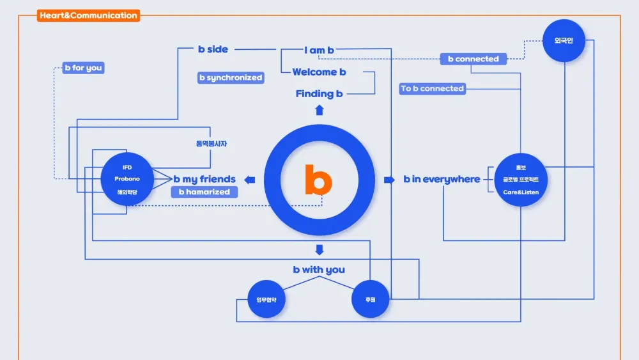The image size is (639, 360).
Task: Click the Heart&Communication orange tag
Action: pyautogui.click(x=88, y=15)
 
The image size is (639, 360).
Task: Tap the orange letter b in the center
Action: pyautogui.click(x=318, y=180)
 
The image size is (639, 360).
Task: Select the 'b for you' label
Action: pyautogui.click(x=83, y=68)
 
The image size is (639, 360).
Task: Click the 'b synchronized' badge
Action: pyautogui.click(x=231, y=77)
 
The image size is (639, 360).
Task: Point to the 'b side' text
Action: pyautogui.click(x=213, y=49)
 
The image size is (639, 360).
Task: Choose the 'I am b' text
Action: pyautogui.click(x=319, y=50)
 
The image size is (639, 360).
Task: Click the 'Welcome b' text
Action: pyautogui.click(x=319, y=72)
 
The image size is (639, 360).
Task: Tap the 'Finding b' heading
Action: pyautogui.click(x=319, y=94)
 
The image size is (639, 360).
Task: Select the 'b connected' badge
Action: pyautogui.click(x=473, y=59)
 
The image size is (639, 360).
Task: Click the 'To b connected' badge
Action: pyautogui.click(x=433, y=89)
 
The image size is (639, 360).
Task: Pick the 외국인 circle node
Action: pyautogui.click(x=564, y=41)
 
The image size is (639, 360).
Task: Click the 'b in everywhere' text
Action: pyautogui.click(x=442, y=180)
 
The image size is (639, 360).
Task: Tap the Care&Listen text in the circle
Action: pyautogui.click(x=520, y=192)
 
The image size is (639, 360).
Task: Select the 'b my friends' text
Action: pyautogui.click(x=204, y=180)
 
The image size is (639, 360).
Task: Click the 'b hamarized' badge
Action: pyautogui.click(x=204, y=192)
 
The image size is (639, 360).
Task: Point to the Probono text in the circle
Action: pyautogui.click(x=127, y=179)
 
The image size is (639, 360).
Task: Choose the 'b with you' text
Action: pyautogui.click(x=319, y=270)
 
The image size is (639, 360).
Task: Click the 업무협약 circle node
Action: pyautogui.click(x=266, y=299)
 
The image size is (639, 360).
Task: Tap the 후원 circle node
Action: pyautogui.click(x=371, y=299)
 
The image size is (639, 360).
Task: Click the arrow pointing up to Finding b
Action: pyautogui.click(x=319, y=110)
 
